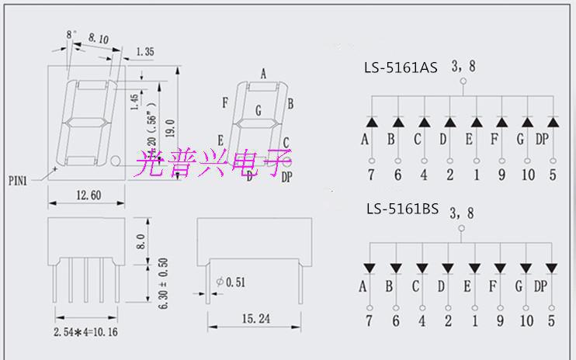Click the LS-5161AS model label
[401, 67]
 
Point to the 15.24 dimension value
[246, 318]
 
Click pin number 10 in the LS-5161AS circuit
[528, 175]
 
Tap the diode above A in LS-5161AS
[371, 122]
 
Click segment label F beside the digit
[224, 102]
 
